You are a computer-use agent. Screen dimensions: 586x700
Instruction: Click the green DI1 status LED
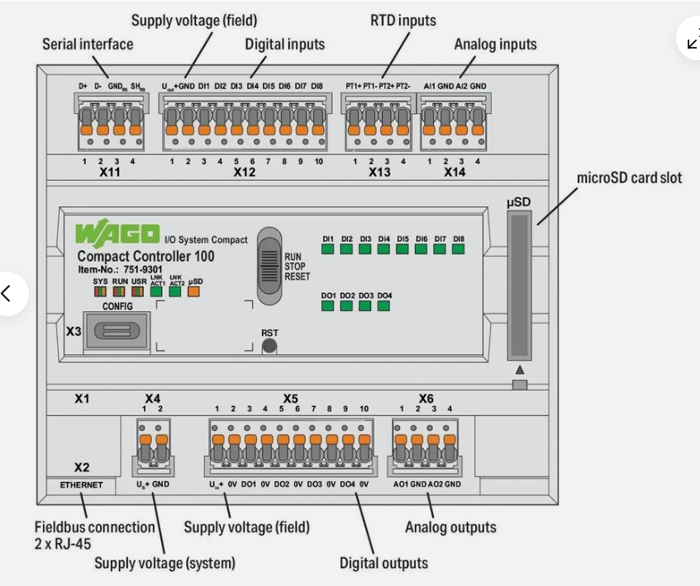[328, 250]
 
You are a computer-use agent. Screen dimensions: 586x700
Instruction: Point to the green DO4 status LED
[383, 306]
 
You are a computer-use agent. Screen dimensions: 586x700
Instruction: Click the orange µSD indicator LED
[195, 291]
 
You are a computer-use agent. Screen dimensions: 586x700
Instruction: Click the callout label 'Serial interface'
[88, 44]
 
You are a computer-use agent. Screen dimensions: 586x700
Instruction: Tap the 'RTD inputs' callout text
[402, 20]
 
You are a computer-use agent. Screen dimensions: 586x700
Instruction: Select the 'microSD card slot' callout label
[629, 177]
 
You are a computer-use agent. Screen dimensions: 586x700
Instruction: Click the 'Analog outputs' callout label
[450, 527]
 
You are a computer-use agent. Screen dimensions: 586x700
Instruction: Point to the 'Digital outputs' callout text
[383, 564]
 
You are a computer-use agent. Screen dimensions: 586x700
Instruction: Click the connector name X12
[245, 172]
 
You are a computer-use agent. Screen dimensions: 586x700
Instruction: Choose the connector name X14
[455, 172]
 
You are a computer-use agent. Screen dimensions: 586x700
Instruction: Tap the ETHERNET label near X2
[81, 485]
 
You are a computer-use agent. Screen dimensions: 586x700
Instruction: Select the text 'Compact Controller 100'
[145, 256]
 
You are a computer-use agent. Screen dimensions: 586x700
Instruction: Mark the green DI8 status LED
[459, 250]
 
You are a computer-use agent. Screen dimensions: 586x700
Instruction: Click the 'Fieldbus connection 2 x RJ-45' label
[94, 535]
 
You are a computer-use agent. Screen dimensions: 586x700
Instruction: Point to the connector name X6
[426, 398]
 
